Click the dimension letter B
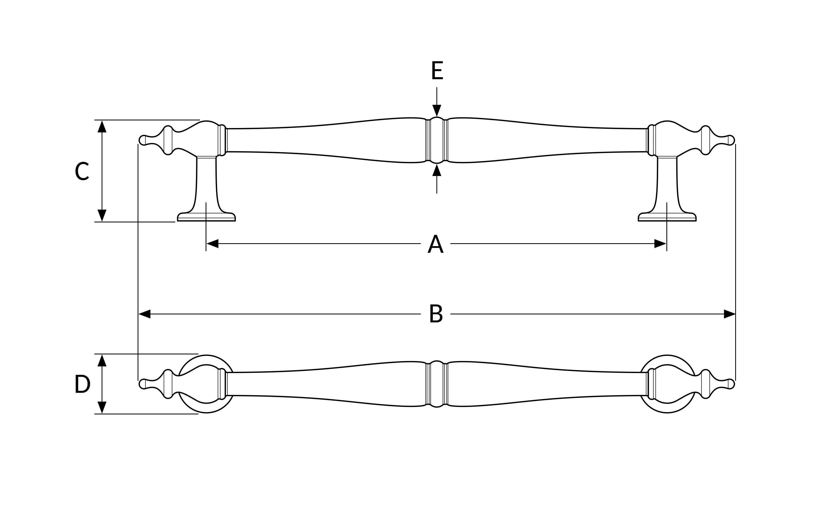(436, 313)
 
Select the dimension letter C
(82, 171)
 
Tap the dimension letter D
(82, 383)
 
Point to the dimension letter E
(437, 70)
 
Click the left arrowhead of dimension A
(213, 243)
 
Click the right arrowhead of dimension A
(660, 243)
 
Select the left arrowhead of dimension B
(145, 314)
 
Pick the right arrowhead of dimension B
(730, 314)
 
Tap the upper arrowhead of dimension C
(102, 126)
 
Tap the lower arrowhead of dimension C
(102, 216)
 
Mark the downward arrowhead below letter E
(437, 111)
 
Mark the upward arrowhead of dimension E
(437, 170)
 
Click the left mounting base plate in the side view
(206, 217)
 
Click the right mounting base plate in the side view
(667, 217)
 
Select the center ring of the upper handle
(437, 140)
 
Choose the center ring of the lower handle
(437, 384)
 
